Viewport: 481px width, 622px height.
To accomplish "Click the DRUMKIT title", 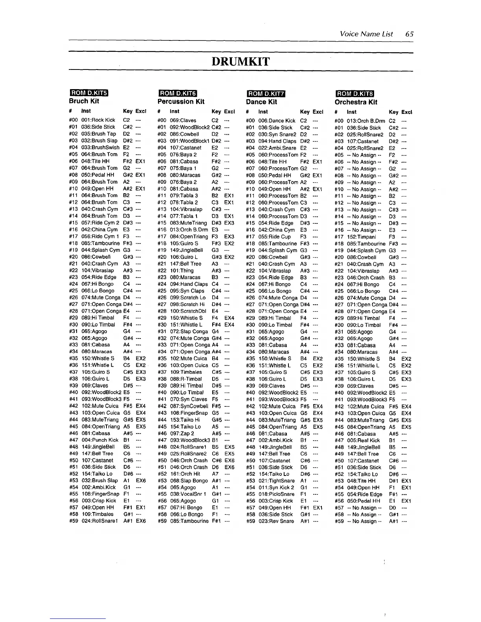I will (241, 62).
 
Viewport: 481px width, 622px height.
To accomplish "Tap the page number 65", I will (409, 34).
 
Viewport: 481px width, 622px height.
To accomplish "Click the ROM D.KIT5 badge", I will (88, 93).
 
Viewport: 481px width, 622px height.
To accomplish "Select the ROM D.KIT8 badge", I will (354, 93).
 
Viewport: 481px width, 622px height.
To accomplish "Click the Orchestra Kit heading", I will (356, 102).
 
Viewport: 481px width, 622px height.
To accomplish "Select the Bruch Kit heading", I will (84, 101).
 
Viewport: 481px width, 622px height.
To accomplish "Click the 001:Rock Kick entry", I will (98, 120).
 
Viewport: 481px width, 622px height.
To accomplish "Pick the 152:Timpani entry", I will (361, 237).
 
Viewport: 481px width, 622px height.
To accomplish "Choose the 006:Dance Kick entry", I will (277, 121).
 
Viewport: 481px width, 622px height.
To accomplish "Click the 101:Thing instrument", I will (182, 271).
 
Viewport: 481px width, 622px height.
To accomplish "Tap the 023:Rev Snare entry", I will (276, 521).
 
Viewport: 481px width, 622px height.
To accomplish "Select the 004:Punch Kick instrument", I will (100, 440).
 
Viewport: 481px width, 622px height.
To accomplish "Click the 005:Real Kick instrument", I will (364, 440).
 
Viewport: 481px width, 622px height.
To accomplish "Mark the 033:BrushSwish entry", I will (100, 148).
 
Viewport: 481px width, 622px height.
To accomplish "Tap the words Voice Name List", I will (366, 34).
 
